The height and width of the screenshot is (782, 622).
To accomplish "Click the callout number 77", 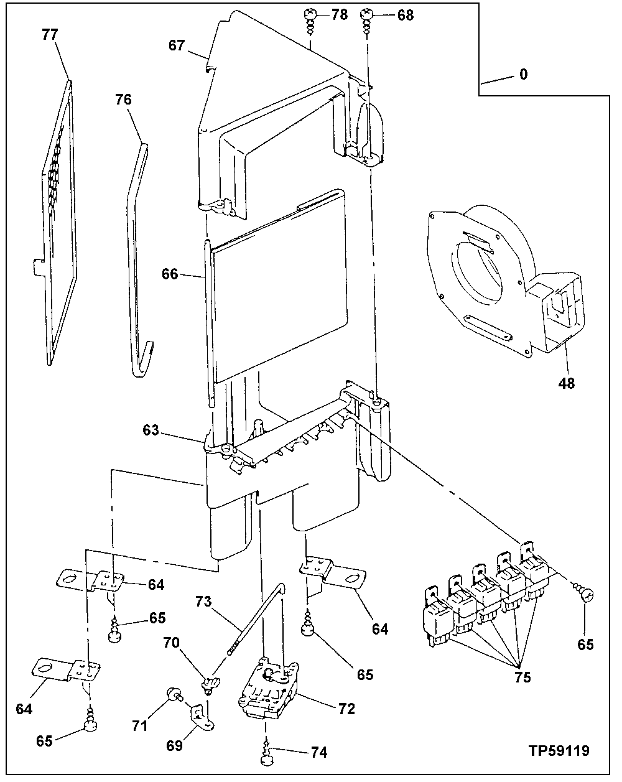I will pyautogui.click(x=49, y=35).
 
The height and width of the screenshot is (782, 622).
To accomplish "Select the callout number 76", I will pyautogui.click(x=124, y=99).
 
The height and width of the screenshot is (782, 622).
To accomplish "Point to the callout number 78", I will pyautogui.click(x=339, y=14).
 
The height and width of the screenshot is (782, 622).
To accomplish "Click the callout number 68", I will pyautogui.click(x=405, y=14).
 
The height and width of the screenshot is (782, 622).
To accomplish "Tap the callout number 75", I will pyautogui.click(x=522, y=677).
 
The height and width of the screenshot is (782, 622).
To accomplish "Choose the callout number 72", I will pyautogui.click(x=346, y=709).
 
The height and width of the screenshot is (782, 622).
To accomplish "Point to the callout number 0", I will pyautogui.click(x=523, y=75).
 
